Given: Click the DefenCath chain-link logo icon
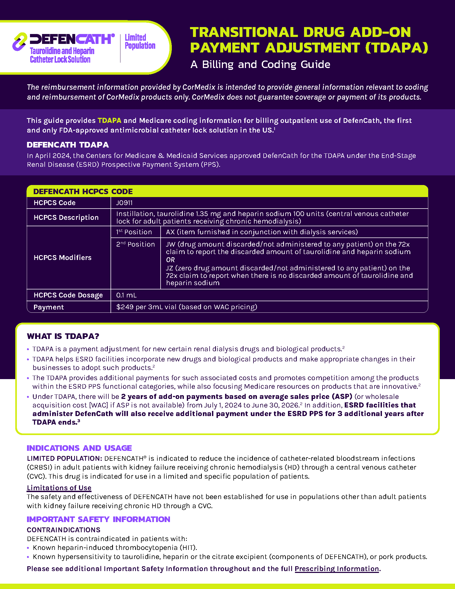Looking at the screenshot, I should click(x=20, y=42).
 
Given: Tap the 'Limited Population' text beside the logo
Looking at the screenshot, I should click(x=140, y=41).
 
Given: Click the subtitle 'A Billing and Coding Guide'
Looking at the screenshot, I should click(x=260, y=65).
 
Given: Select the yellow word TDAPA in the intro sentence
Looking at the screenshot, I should click(x=109, y=120).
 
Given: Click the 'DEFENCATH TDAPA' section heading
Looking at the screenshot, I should click(x=68, y=145).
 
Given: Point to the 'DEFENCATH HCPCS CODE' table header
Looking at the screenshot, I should click(x=83, y=191).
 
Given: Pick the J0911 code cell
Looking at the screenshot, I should click(x=124, y=203).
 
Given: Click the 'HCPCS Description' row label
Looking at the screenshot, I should click(x=66, y=217).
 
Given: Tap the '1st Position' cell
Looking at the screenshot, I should click(x=134, y=232).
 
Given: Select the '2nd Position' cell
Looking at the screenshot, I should click(x=135, y=244).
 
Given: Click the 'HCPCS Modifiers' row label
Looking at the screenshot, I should click(x=63, y=258).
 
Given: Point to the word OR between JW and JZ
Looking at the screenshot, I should click(x=170, y=260).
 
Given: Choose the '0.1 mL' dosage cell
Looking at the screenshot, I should click(x=126, y=295).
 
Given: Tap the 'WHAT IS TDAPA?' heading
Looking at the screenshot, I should click(x=63, y=336).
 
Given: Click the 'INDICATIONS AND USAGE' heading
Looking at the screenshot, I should click(x=79, y=448).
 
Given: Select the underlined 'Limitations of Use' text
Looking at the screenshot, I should click(x=59, y=488).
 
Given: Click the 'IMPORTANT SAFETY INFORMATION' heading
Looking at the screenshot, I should click(x=98, y=519).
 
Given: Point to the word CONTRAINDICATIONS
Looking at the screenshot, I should click(x=64, y=530).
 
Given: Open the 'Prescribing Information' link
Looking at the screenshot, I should click(x=337, y=569).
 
